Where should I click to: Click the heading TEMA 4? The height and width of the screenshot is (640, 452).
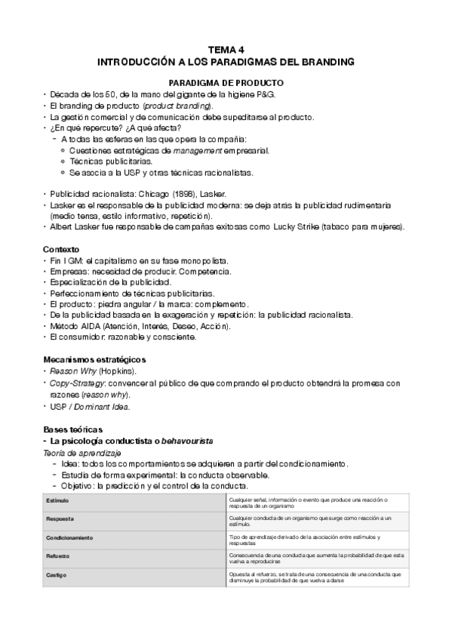pyautogui.click(x=226, y=48)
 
